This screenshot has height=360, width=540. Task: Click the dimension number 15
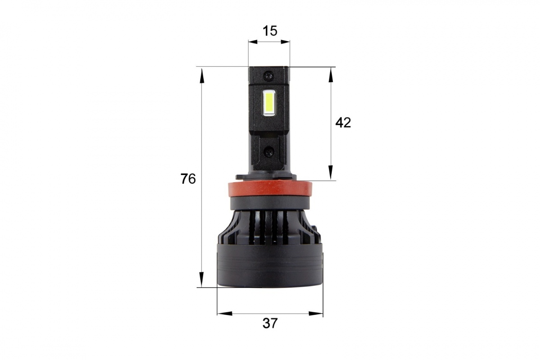(x=270, y=31)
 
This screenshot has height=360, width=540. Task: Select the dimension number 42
(x=343, y=123)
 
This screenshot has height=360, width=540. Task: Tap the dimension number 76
(x=188, y=179)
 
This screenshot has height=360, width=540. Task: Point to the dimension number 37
(x=270, y=324)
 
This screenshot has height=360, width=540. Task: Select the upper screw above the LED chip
(x=269, y=76)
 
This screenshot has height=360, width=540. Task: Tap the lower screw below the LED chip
(x=269, y=152)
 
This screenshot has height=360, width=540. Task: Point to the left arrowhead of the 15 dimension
(x=253, y=42)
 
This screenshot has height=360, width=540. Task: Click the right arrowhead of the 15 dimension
(x=285, y=42)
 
